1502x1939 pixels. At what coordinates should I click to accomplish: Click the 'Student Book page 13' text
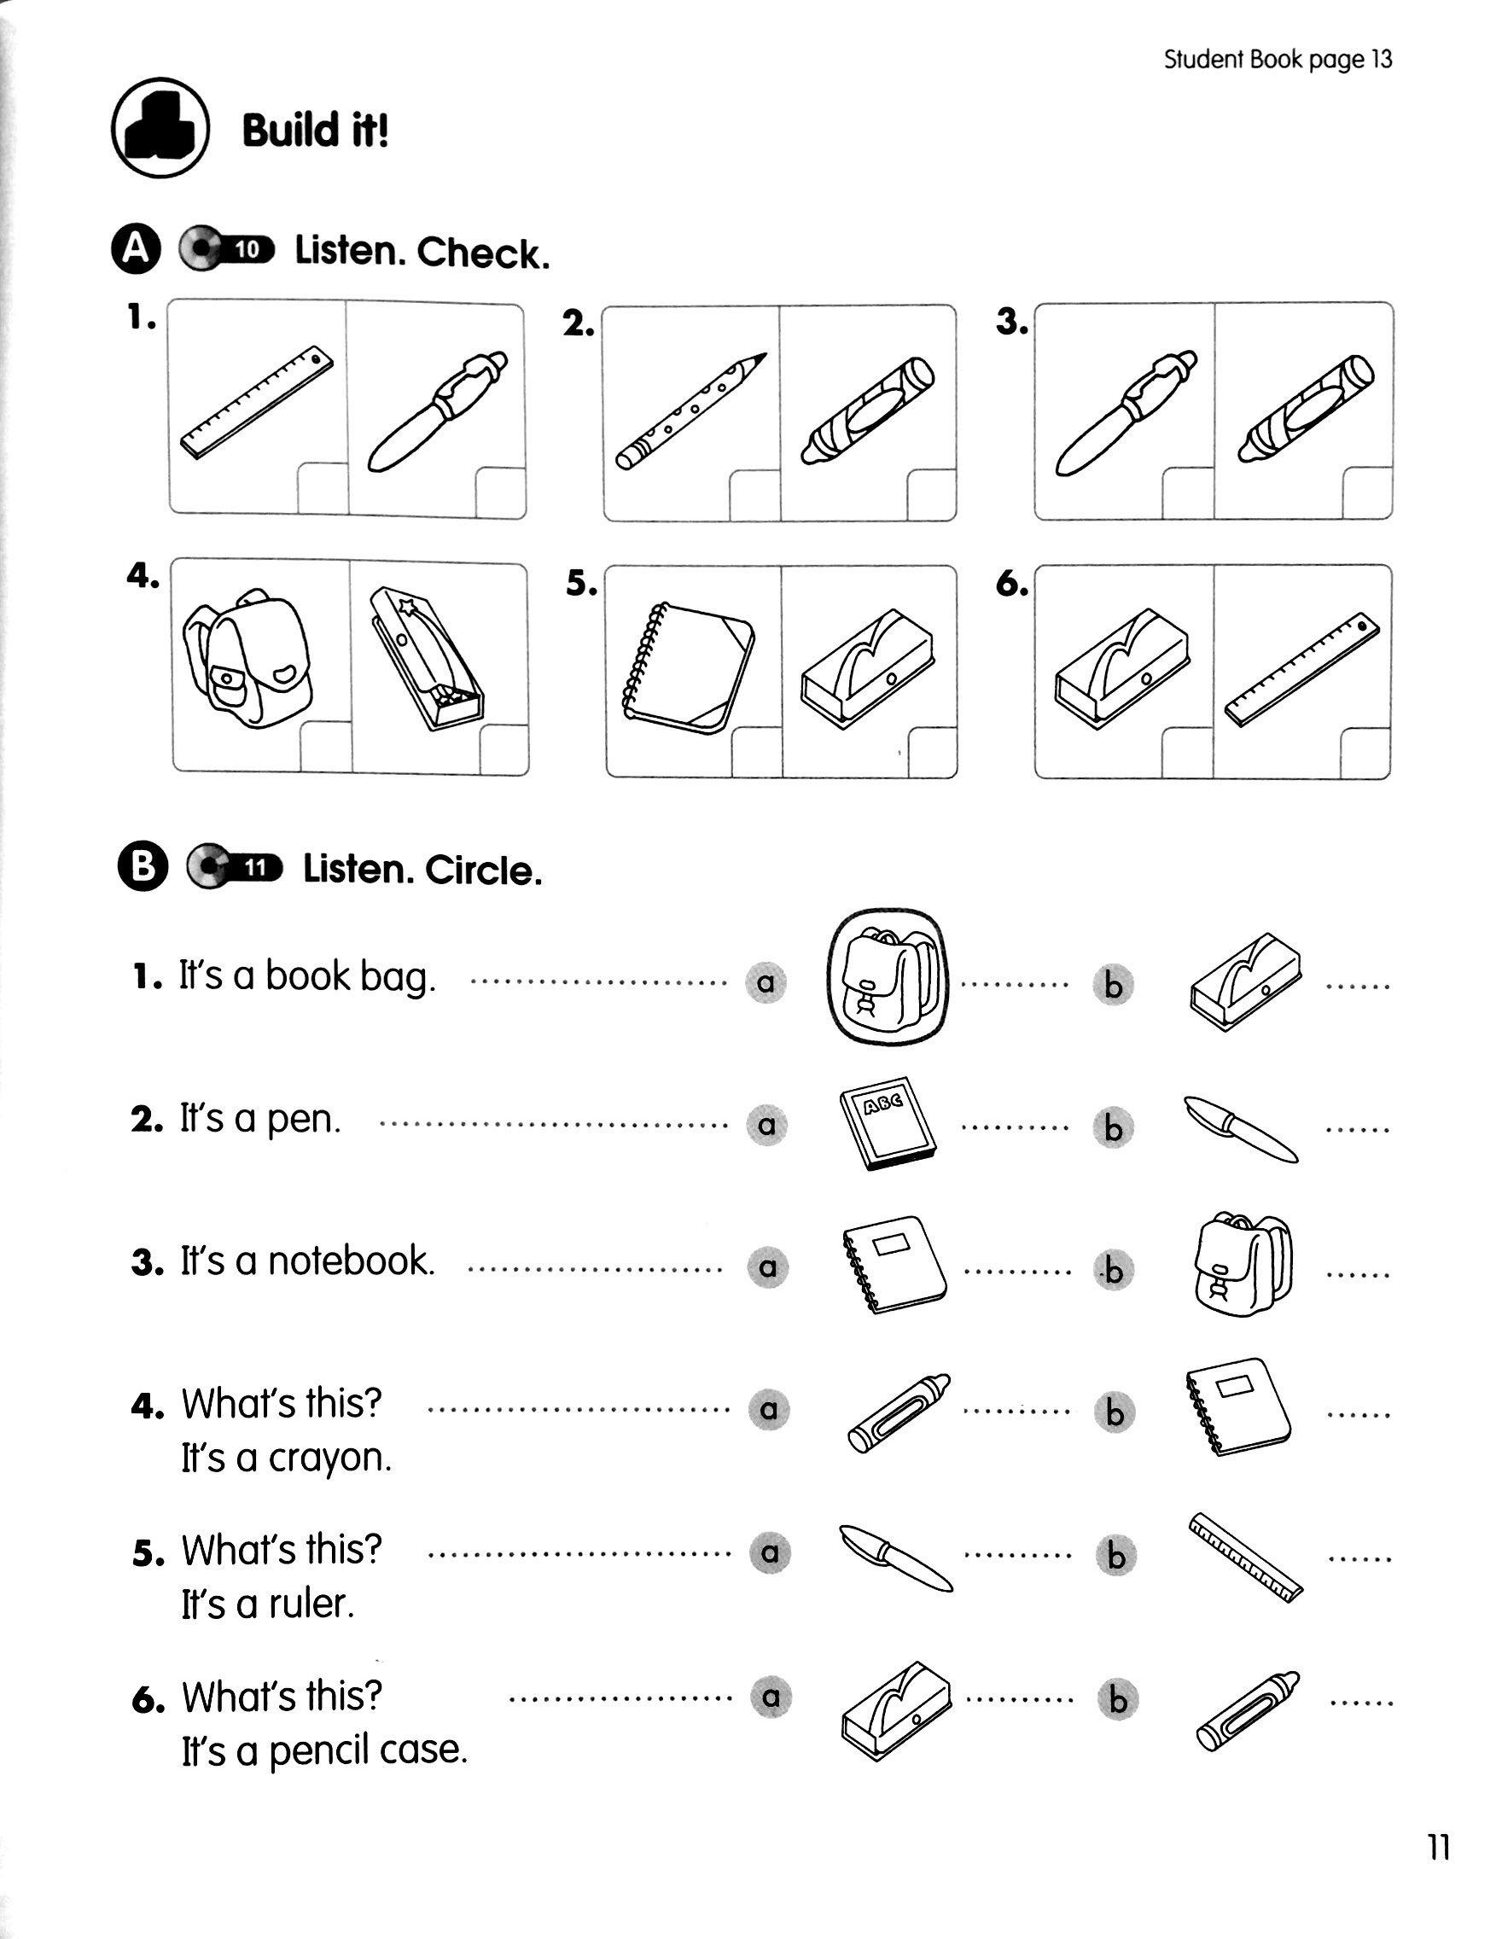(x=1278, y=60)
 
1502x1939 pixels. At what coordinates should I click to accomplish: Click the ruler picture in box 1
(x=258, y=402)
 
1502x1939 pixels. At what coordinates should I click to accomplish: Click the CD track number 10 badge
(x=248, y=250)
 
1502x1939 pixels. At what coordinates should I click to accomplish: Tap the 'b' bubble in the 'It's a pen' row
(x=1113, y=1127)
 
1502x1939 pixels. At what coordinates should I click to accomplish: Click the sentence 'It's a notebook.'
(x=307, y=1261)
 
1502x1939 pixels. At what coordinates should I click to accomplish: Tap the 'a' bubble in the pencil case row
(x=771, y=1697)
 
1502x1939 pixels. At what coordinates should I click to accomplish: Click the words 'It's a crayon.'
(x=286, y=1458)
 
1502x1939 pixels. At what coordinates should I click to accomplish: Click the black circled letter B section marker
(x=142, y=868)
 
